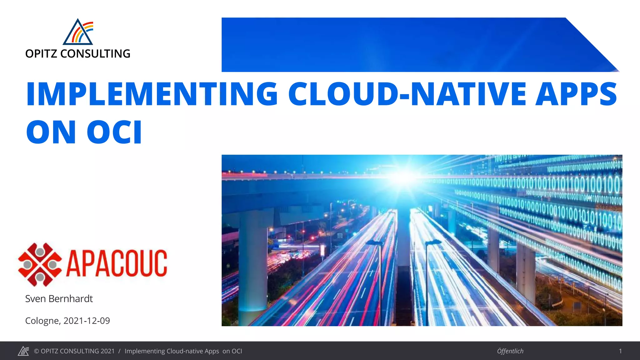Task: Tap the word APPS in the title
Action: (x=576, y=94)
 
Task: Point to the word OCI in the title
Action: (x=114, y=132)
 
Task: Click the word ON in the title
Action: (x=51, y=132)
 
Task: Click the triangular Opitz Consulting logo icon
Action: (x=78, y=32)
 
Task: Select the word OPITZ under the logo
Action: (x=41, y=54)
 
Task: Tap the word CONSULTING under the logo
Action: (x=95, y=54)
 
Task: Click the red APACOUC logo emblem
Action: (x=40, y=264)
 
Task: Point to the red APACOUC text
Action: (x=117, y=263)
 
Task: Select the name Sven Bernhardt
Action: (x=59, y=299)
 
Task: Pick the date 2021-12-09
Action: (x=87, y=321)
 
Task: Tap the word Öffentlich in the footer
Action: (x=510, y=351)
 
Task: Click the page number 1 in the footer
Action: (x=620, y=351)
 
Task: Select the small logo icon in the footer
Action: (x=23, y=351)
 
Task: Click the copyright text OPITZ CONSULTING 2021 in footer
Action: (x=74, y=351)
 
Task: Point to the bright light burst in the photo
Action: (x=405, y=177)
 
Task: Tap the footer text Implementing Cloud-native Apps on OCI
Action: (x=183, y=351)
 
